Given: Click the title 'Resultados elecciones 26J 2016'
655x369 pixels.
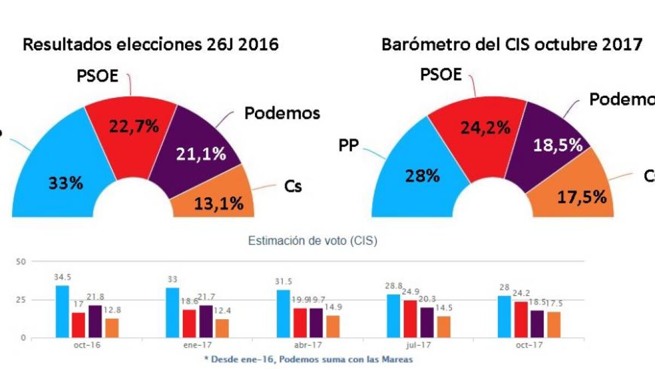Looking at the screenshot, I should pyautogui.click(x=151, y=45).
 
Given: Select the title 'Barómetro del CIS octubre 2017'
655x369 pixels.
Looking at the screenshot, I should pyautogui.click(x=512, y=45).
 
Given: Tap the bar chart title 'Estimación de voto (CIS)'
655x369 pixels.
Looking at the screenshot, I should pyautogui.click(x=312, y=241).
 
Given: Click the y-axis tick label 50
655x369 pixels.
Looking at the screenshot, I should pyautogui.click(x=22, y=262).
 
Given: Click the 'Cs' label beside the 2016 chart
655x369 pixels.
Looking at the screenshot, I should pyautogui.click(x=293, y=186).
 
